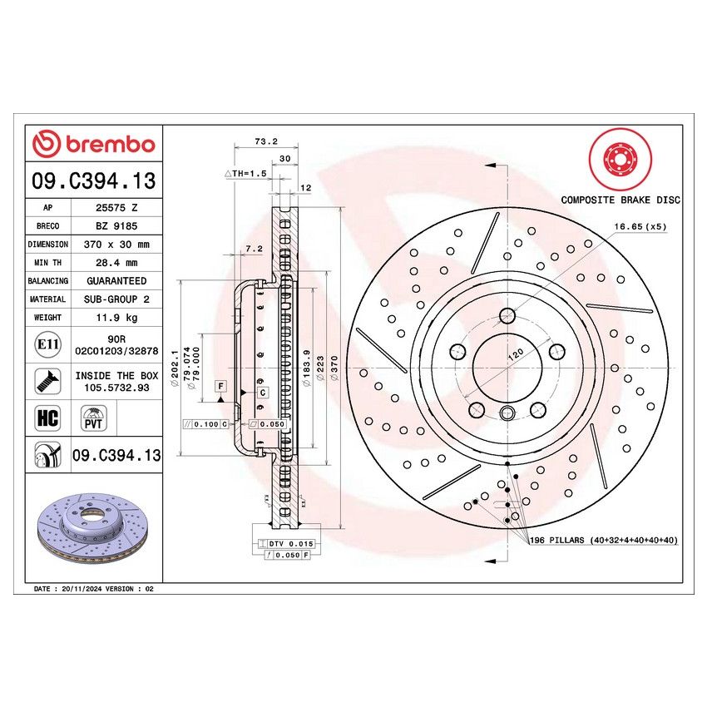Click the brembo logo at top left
[94, 144]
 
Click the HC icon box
[47, 417]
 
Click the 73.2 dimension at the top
[243, 141]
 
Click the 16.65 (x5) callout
[640, 225]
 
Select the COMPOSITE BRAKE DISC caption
[620, 200]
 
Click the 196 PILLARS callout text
[603, 540]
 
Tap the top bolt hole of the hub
[507, 315]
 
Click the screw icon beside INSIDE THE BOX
[47, 381]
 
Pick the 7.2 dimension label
[255, 248]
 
